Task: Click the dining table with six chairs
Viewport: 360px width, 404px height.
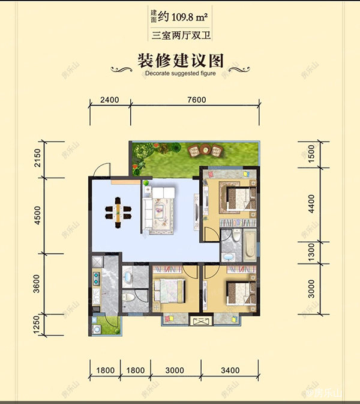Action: click(x=119, y=211)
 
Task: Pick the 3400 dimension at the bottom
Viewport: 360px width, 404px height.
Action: click(x=230, y=370)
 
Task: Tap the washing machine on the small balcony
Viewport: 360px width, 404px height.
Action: click(x=96, y=329)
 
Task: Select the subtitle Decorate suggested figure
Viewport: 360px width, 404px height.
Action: click(x=180, y=74)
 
